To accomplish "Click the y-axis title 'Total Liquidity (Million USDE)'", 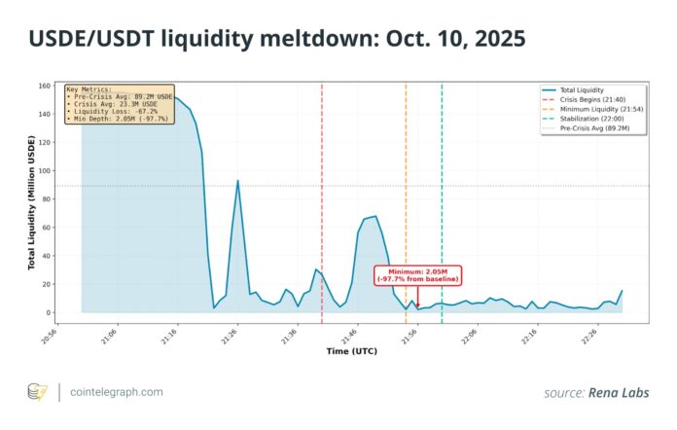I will coord(32,200).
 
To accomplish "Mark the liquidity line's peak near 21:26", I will coord(237,181).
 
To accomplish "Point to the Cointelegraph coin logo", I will coord(36,392).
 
